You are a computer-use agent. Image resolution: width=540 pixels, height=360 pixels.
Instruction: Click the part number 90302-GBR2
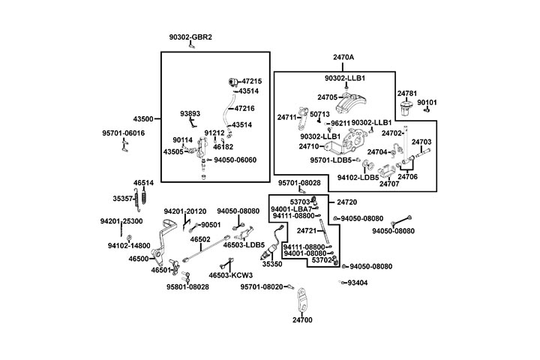(x=190, y=37)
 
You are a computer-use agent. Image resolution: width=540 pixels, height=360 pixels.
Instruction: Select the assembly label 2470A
(x=343, y=57)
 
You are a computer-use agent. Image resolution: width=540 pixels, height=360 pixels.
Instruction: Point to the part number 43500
(x=142, y=118)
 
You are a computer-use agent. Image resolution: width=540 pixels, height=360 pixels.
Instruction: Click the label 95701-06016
(x=123, y=133)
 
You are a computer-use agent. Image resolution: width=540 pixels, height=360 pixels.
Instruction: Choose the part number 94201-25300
(x=121, y=221)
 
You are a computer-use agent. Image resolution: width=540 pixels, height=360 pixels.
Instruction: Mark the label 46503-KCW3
(x=230, y=275)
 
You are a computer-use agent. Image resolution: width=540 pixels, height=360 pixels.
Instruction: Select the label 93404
(x=358, y=283)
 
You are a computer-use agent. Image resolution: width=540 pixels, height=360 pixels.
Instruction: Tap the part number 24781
(x=407, y=94)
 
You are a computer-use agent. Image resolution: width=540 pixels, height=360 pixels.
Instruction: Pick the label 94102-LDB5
(x=358, y=178)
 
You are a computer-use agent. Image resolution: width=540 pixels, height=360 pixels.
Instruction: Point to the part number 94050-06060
(x=235, y=160)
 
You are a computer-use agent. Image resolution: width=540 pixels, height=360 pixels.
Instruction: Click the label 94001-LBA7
(x=292, y=208)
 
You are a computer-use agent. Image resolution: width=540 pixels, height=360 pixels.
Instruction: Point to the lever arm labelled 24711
(x=302, y=114)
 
